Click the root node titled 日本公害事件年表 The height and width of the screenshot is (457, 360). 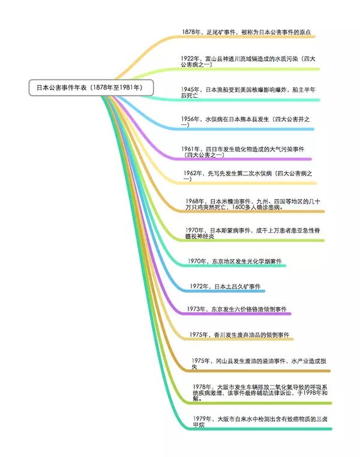pos(90,88)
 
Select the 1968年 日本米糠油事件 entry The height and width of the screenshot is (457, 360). pos(252,204)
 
